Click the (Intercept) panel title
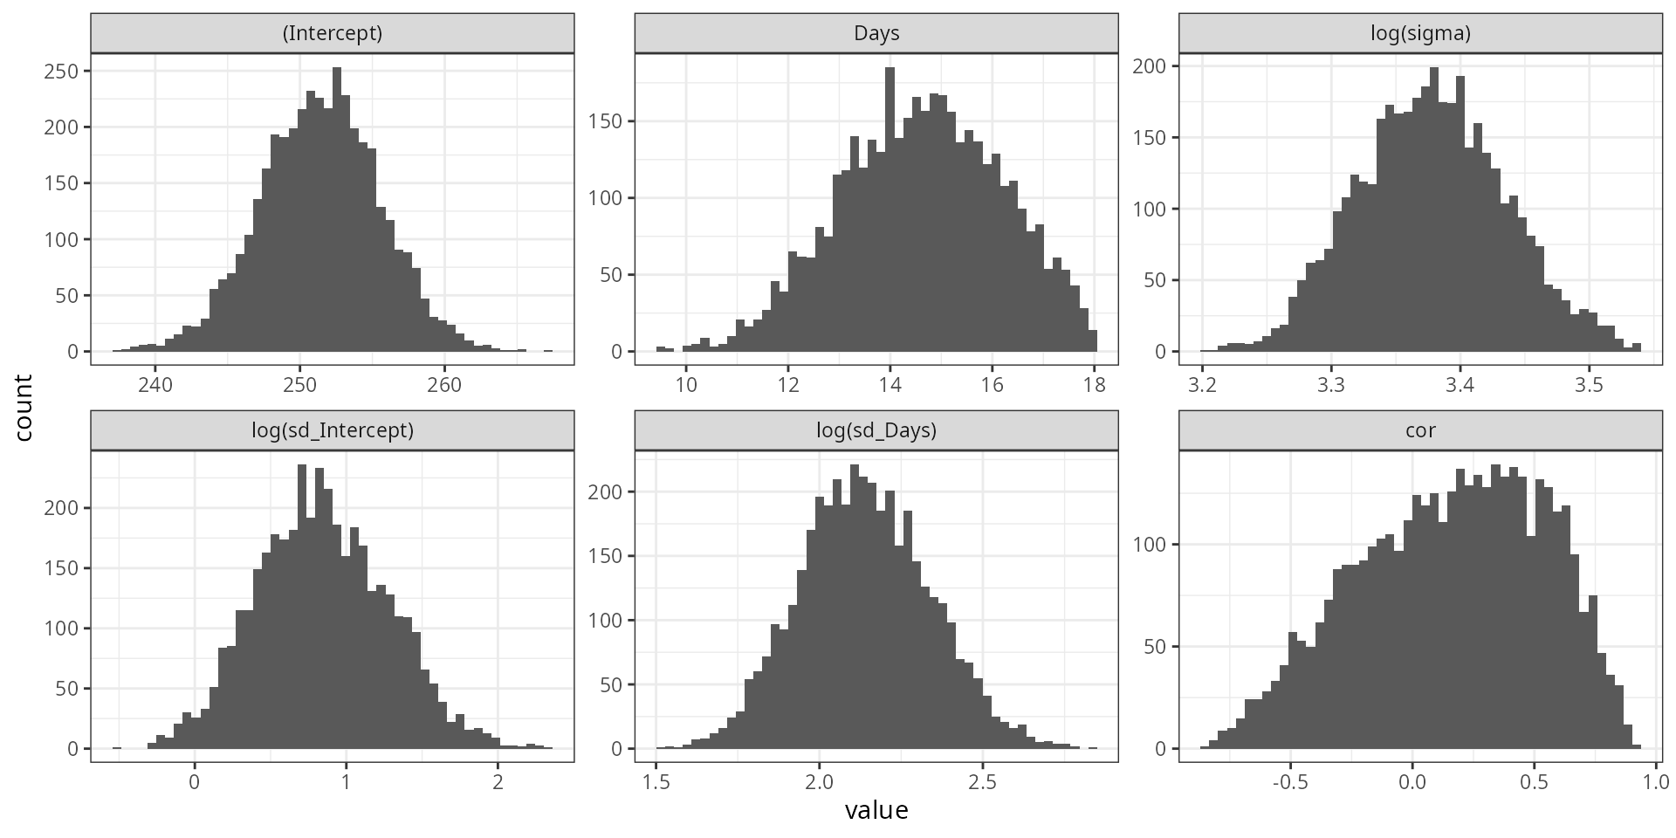coord(332,34)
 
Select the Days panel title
coord(876,34)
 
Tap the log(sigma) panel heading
coord(1420,34)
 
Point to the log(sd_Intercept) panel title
coord(332,430)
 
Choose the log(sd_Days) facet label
coord(876,430)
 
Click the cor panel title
coord(1420,430)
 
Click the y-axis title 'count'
coord(24,408)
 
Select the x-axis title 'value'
coord(876,811)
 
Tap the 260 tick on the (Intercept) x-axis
coord(444,384)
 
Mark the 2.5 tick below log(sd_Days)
coord(983,781)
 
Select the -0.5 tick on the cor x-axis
coord(1289,781)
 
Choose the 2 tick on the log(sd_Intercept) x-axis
coord(498,781)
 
